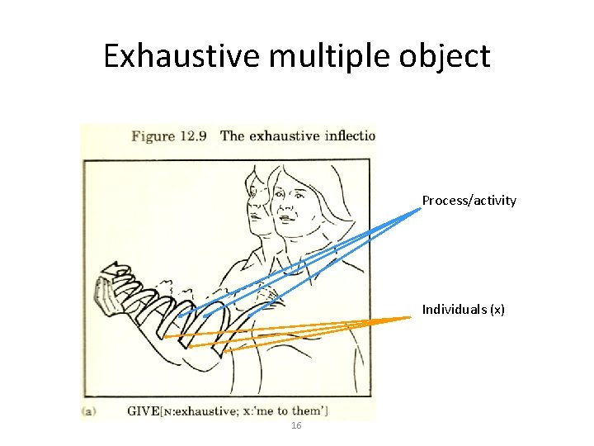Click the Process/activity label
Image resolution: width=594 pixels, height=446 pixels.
coord(469,200)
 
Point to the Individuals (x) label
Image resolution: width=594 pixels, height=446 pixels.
coord(463,309)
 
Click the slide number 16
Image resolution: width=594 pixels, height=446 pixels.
coord(297,425)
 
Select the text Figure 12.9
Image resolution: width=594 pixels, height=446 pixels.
coord(169,135)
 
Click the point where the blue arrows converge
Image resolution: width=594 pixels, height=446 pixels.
coord(419,208)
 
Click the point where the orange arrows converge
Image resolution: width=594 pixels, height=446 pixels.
coord(410,318)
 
